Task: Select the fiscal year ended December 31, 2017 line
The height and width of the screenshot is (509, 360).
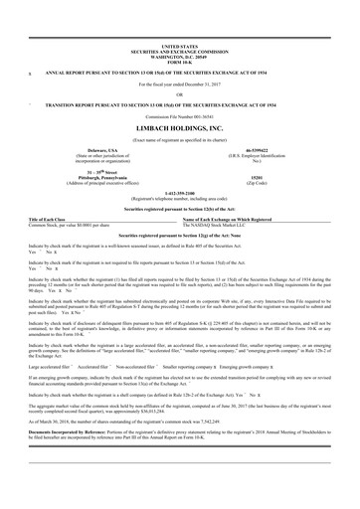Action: click(179, 84)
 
